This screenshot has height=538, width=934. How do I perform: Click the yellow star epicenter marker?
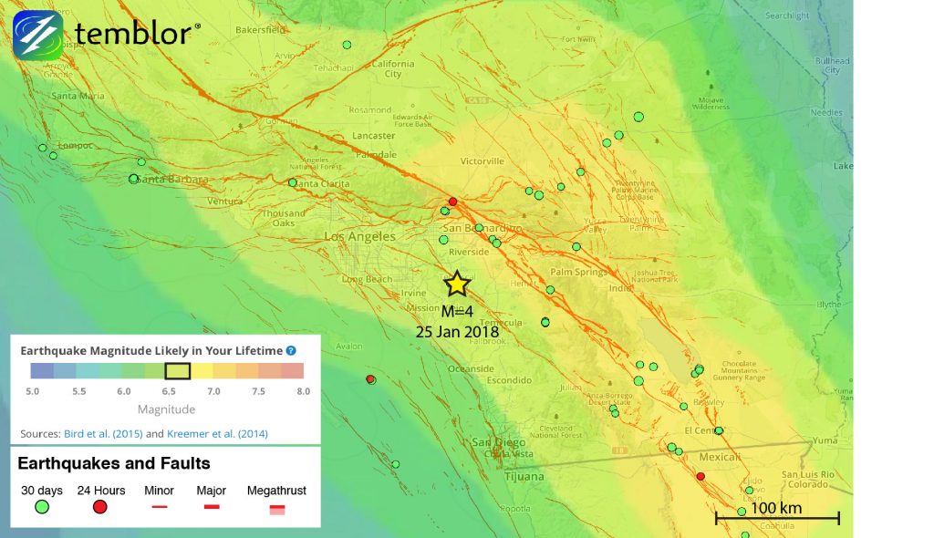pos(457,284)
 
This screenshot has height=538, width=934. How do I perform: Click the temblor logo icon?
pos(37,35)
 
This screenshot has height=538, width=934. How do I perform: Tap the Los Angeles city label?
pos(360,236)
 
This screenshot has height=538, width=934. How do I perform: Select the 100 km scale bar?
pos(777,517)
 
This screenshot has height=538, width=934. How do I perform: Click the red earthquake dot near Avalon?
pos(370,379)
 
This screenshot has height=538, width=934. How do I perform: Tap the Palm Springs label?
pos(577,272)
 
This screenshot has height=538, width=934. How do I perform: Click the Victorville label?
pos(482,161)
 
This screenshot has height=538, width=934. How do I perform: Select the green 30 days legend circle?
pos(41,507)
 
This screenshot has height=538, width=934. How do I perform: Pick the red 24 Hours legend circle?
pos(99,507)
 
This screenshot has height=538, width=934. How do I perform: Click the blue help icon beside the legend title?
pos(291,350)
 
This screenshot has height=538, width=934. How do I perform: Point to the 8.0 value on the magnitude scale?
pos(303,391)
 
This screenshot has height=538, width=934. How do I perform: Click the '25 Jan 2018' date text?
pos(456,332)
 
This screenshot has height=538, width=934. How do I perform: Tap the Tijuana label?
pos(524,476)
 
